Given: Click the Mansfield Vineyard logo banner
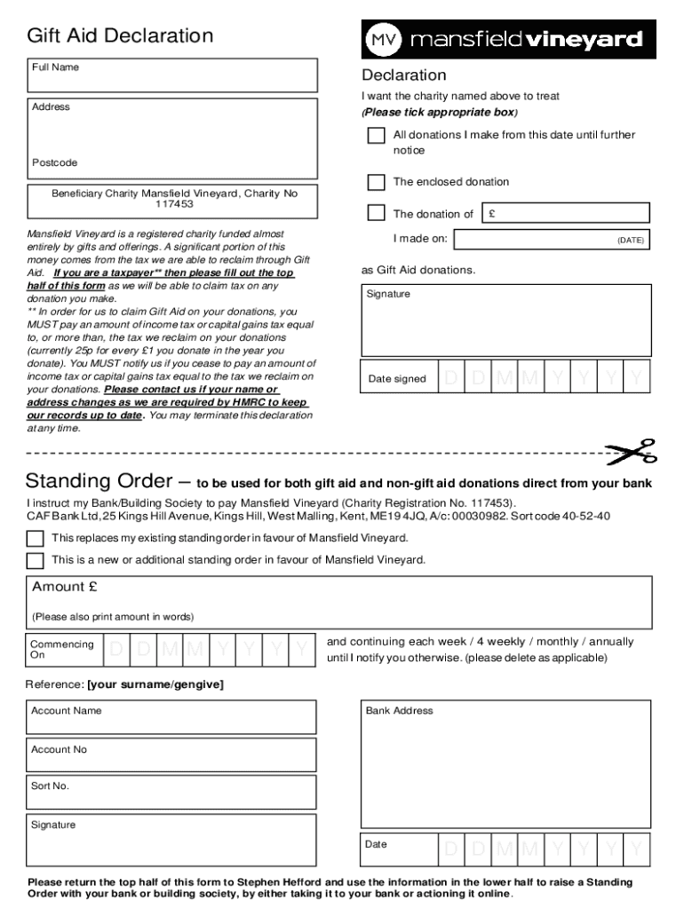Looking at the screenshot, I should point(508,40).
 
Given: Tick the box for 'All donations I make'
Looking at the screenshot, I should point(377,136).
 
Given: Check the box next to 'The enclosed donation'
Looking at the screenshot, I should point(377,182).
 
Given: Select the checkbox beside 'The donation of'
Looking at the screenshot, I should point(377,213).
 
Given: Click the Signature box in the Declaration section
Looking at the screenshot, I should point(505,320).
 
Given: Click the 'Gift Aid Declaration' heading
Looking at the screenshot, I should point(120,36).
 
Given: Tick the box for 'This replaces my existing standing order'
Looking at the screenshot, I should point(35,539).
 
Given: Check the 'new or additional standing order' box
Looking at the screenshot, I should point(35,560).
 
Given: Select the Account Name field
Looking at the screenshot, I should point(171,717).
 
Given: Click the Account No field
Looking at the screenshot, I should point(171,755).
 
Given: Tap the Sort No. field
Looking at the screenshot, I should point(171,793).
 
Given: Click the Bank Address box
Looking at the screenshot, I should point(505,763).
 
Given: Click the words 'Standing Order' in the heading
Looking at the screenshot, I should point(99,482).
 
